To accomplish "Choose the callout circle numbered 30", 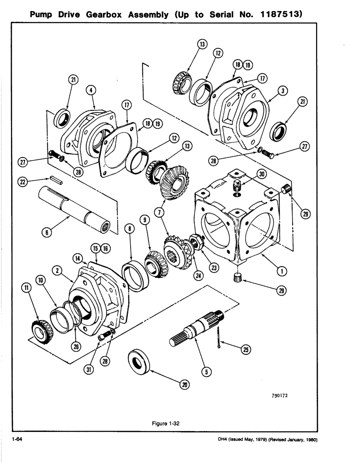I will [262, 175].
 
